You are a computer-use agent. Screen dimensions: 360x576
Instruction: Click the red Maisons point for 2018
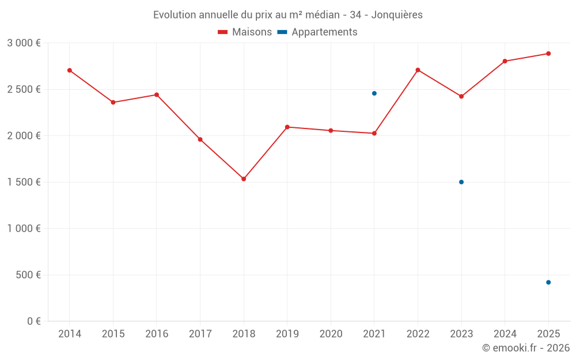pos(244,179)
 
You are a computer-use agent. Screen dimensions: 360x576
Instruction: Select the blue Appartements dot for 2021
pos(374,93)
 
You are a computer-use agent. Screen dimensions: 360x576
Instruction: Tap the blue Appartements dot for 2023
pos(461,182)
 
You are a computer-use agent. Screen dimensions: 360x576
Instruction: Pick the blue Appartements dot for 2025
pos(548,282)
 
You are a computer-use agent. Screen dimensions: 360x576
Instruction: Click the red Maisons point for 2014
pos(70,70)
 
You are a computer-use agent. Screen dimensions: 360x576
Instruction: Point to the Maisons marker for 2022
pos(418,70)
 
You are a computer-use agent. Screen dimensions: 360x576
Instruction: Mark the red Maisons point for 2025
pos(548,54)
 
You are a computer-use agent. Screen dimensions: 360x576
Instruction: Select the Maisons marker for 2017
pos(200,139)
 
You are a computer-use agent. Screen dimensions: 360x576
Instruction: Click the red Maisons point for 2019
pos(287,127)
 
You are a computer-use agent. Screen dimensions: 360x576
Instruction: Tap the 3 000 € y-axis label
pos(24,43)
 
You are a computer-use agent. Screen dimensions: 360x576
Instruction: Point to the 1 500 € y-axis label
pos(24,182)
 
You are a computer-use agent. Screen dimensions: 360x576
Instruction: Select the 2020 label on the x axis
pos(331,334)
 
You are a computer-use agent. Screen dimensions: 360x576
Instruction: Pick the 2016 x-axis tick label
pos(157,334)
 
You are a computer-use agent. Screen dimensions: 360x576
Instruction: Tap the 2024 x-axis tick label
pos(505,334)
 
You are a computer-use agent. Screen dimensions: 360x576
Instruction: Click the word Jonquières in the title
pos(397,15)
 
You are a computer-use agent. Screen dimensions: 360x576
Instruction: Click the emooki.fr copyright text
pos(526,348)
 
